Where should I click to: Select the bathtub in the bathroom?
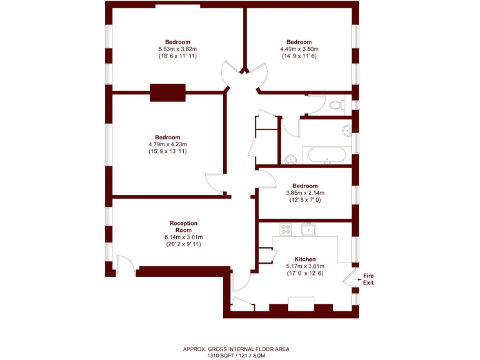click(x=327, y=155)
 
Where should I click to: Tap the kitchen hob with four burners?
click(x=286, y=229)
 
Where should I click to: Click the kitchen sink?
click(x=308, y=229)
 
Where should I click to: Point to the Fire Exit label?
click(x=369, y=279)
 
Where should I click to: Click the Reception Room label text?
click(x=183, y=227)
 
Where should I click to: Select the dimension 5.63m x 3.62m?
click(x=178, y=49)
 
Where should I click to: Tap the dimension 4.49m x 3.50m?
click(x=299, y=49)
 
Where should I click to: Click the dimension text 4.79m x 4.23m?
click(x=167, y=144)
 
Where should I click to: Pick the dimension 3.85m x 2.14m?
click(x=305, y=193)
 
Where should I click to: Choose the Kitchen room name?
click(x=305, y=259)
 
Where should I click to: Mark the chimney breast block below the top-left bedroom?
click(x=168, y=92)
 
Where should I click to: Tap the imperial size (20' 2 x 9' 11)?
click(x=183, y=244)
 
